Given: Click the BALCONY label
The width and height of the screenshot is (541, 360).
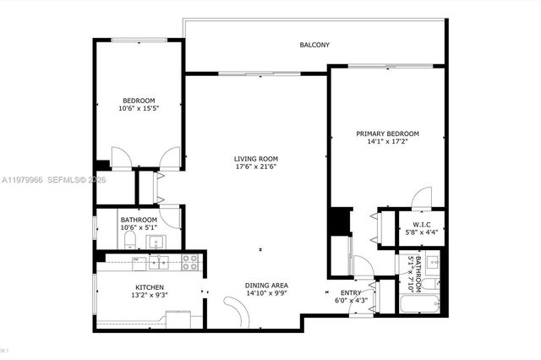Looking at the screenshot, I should (x=314, y=45).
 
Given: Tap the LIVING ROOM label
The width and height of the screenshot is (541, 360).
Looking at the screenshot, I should (x=255, y=159).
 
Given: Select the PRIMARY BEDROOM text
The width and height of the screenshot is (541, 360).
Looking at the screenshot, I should (x=387, y=134).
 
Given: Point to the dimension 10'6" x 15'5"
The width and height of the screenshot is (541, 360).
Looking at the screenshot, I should (x=138, y=109).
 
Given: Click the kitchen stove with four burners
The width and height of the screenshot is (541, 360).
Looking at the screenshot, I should (x=189, y=263).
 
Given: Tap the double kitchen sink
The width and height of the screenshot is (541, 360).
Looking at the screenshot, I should (x=158, y=263).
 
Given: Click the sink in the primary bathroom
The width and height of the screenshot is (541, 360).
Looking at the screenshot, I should (x=432, y=259).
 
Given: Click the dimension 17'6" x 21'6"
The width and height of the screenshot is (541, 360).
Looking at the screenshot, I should (x=255, y=166).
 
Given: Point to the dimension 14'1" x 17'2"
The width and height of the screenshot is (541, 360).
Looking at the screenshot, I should (x=387, y=142).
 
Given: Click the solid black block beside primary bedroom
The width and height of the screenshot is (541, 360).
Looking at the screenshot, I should (x=339, y=221).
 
